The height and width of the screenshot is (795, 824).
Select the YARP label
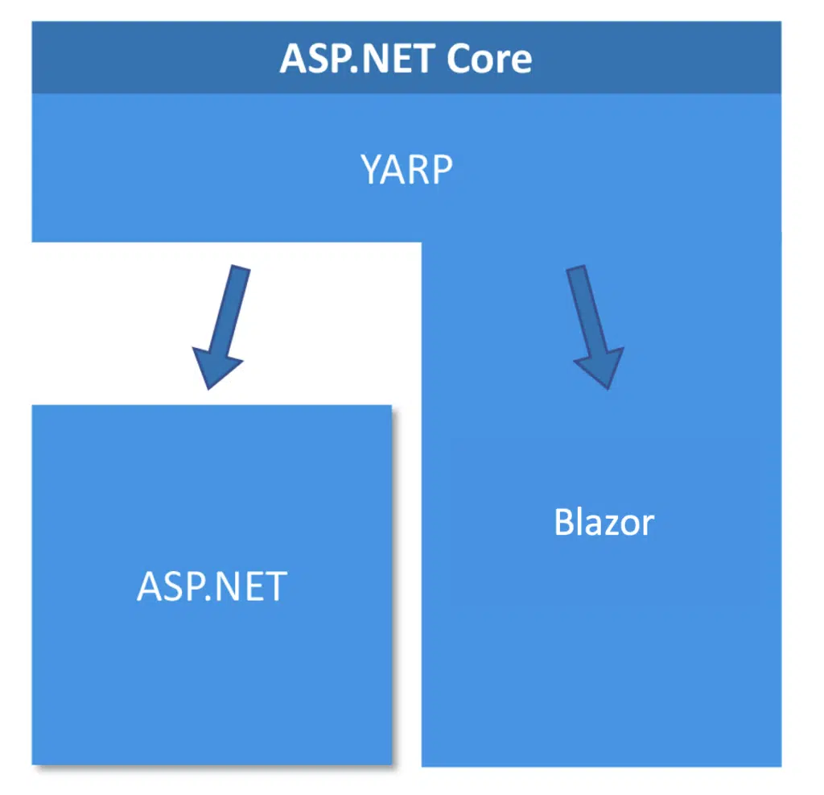coord(406,170)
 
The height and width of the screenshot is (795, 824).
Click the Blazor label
coord(604,523)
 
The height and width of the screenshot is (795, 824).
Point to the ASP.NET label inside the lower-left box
coord(212,586)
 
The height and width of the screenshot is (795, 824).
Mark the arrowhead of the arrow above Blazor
coord(600,366)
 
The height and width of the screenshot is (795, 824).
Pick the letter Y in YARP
coord(371,170)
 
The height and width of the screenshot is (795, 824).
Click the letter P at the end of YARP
coord(441,170)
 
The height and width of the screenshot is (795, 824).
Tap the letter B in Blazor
coord(564,523)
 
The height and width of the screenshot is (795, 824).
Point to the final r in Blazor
coord(647,525)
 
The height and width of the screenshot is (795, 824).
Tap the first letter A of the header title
coord(293,59)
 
